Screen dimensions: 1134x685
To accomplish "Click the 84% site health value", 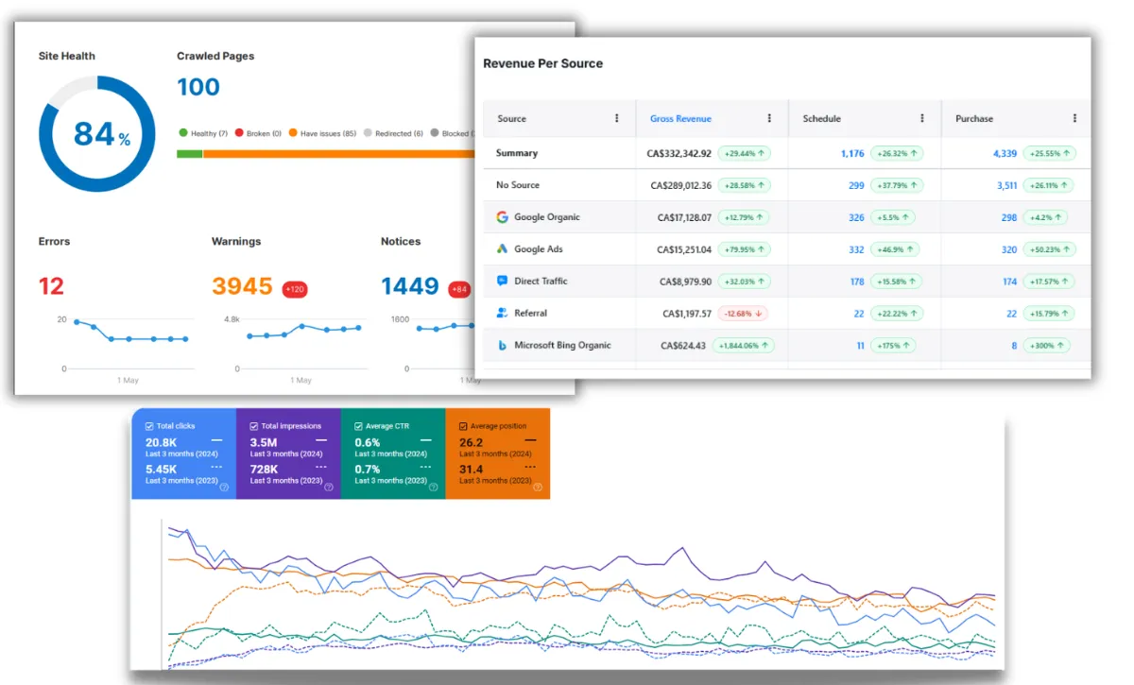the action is tap(102, 135).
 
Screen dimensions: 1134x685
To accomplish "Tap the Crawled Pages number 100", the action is tap(198, 87).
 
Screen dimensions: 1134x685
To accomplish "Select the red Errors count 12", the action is tap(51, 286).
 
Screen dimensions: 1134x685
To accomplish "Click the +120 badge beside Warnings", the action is tap(295, 289).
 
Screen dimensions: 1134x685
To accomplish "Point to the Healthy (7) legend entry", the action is tap(203, 133).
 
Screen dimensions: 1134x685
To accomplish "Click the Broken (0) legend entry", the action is tap(258, 133).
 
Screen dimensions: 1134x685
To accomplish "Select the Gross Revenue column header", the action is tap(680, 118).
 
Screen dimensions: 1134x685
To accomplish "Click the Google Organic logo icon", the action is tap(502, 217).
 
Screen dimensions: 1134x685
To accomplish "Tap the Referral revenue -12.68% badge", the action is tap(743, 314).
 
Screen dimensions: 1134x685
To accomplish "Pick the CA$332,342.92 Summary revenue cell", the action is tap(679, 153).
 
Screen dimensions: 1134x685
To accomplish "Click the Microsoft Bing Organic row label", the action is tap(562, 345).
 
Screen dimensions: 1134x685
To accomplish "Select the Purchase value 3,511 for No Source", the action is tap(1007, 185).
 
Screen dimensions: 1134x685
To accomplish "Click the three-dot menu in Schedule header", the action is tap(922, 118).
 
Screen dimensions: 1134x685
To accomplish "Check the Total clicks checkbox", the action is tap(149, 426).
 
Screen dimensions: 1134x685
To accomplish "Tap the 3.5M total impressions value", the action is tap(264, 442).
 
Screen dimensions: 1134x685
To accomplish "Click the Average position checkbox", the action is tap(463, 426).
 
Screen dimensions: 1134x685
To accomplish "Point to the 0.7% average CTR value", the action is tap(367, 470).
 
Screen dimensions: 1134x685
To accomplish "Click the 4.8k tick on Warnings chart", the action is tap(232, 319).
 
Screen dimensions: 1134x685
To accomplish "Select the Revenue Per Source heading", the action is tap(542, 63).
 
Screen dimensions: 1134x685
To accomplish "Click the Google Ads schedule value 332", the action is tap(856, 249).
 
